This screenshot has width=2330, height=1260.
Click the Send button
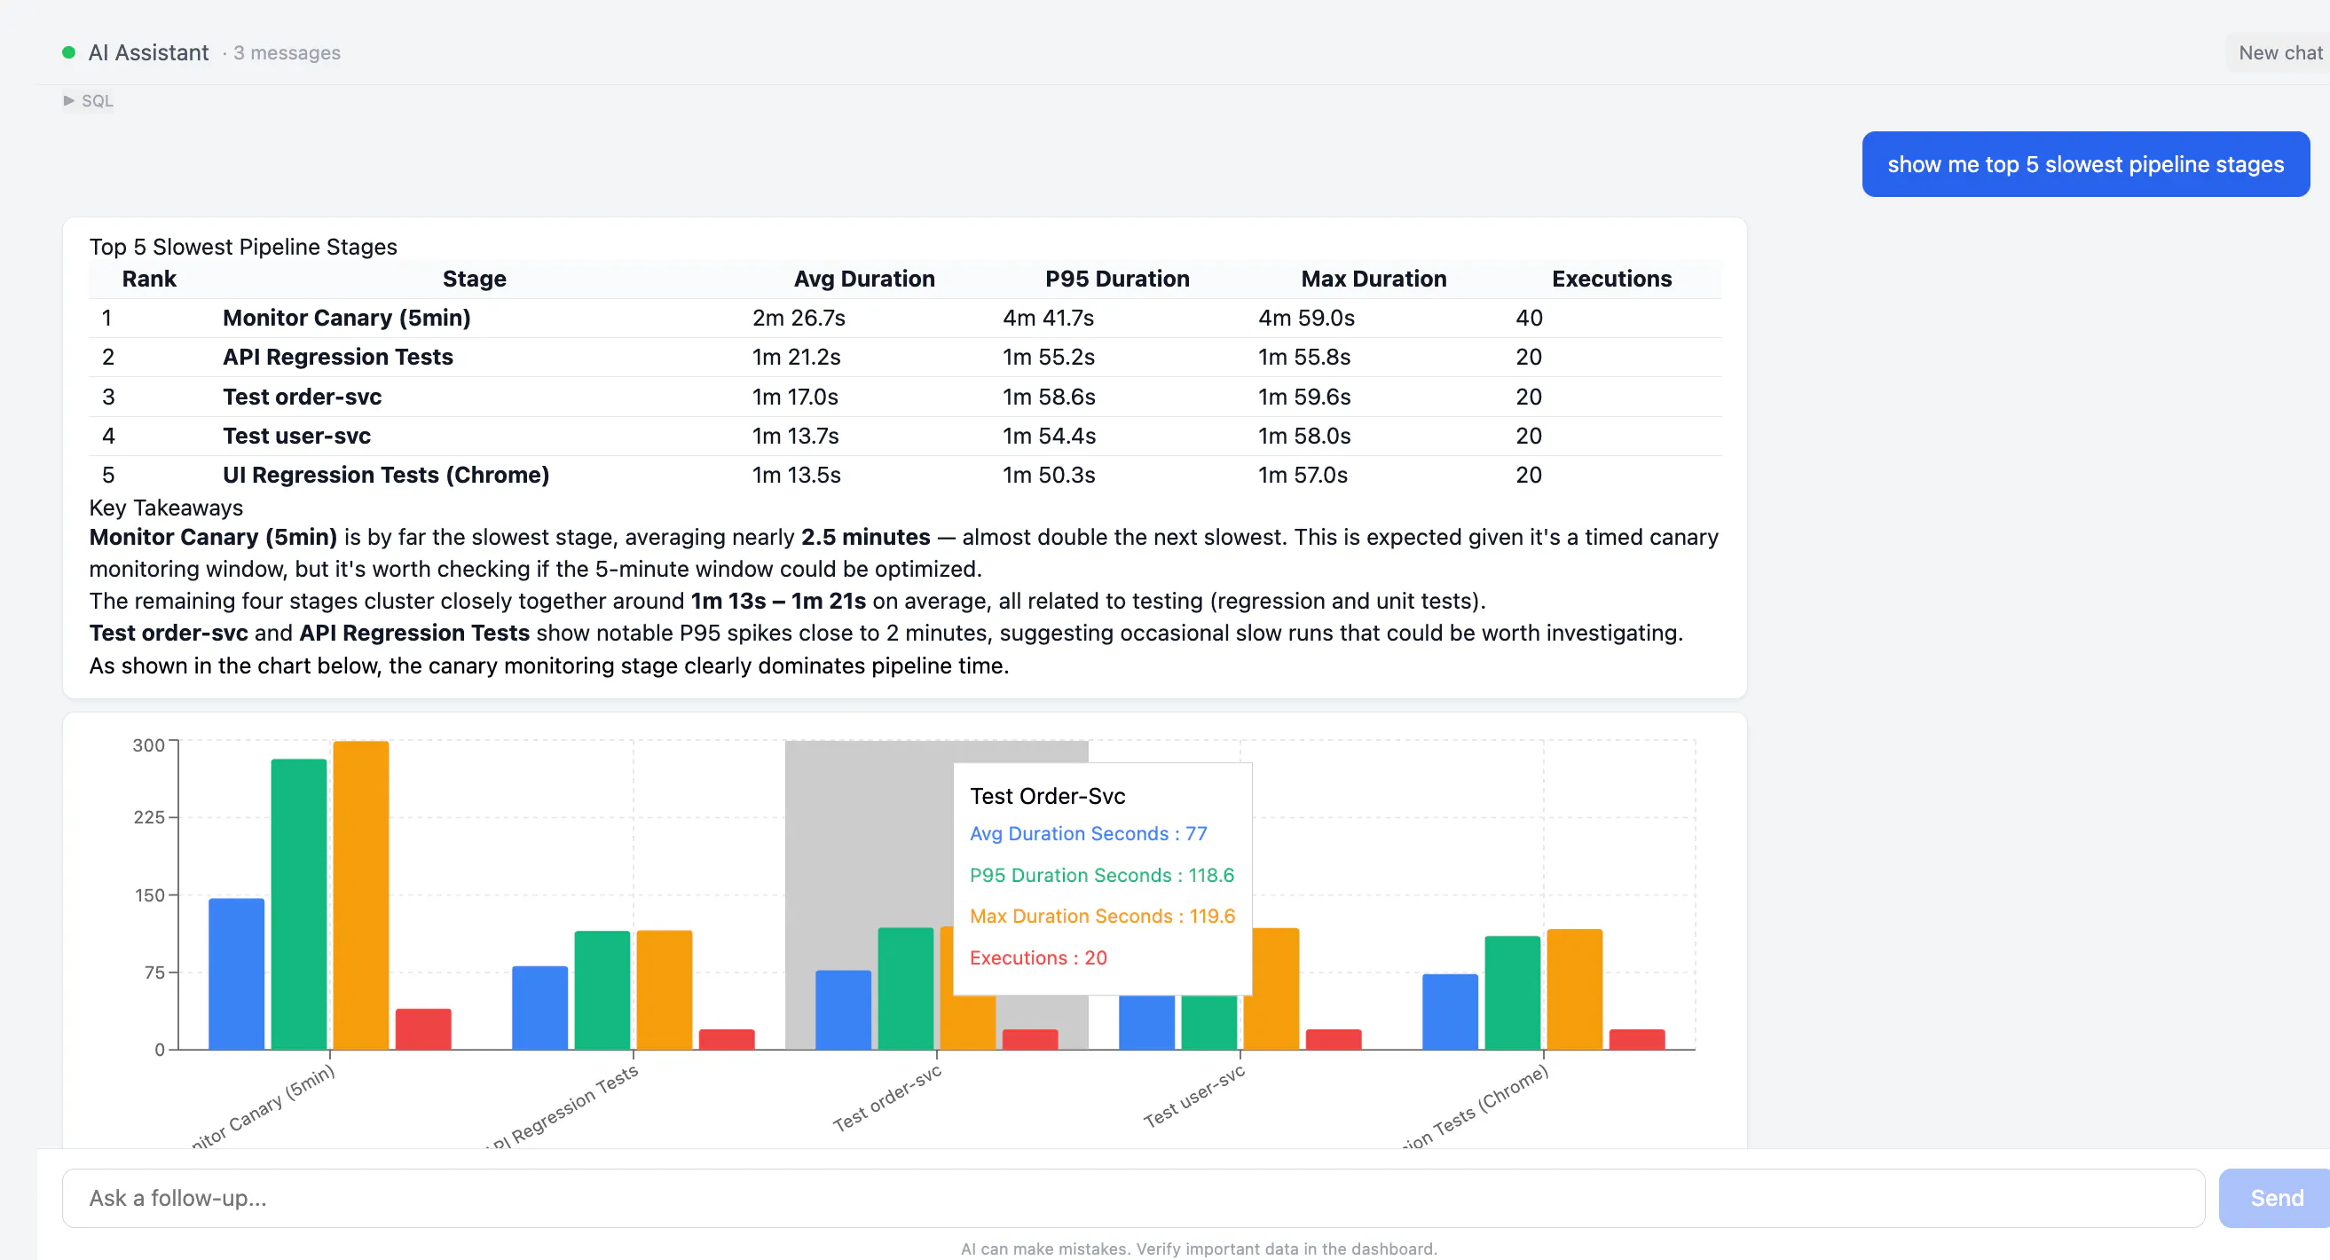click(x=2275, y=1198)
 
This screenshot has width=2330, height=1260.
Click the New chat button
click(x=2279, y=52)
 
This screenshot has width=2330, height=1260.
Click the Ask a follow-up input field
click(x=1132, y=1198)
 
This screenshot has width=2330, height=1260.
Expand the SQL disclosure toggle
click(x=88, y=100)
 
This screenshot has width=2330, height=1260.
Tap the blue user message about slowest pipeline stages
click(x=2085, y=164)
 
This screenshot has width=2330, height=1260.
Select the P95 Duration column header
click(x=1117, y=279)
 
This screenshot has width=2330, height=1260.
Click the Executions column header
click(x=1611, y=279)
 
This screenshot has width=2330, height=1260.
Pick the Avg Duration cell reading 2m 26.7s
click(x=799, y=318)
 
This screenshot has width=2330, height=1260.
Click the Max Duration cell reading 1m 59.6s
click(x=1304, y=396)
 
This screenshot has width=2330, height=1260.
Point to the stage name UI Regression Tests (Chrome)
click(x=386, y=475)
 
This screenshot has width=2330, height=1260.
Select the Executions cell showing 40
click(x=1529, y=318)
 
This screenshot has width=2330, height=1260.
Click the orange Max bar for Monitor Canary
click(x=361, y=895)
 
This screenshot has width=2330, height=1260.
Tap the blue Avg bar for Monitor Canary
click(x=236, y=974)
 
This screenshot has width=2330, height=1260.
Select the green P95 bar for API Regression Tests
click(x=602, y=990)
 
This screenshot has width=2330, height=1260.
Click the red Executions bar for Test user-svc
click(x=1334, y=1039)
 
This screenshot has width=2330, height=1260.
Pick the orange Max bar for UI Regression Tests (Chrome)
click(x=1574, y=989)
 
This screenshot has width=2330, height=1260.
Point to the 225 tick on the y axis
click(x=149, y=818)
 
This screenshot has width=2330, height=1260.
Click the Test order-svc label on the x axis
click(x=887, y=1098)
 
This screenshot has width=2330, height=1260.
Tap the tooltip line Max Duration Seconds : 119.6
click(x=1102, y=916)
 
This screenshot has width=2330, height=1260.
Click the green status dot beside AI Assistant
click(x=68, y=52)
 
